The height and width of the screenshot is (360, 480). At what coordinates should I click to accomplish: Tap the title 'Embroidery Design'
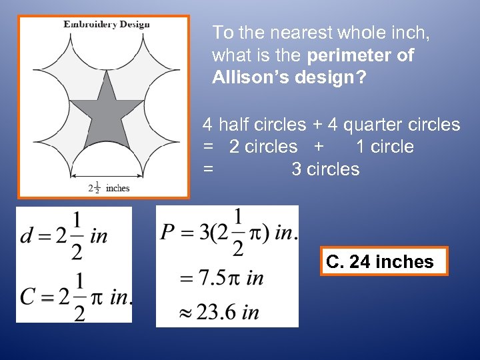pos(107,25)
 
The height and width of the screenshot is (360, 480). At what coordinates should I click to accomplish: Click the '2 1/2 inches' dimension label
pos(109,187)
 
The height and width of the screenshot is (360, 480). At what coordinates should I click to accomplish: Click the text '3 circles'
pos(325,169)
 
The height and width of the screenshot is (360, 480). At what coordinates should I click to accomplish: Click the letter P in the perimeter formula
pos(168,233)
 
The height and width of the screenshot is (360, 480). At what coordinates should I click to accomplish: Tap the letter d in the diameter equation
pos(27,237)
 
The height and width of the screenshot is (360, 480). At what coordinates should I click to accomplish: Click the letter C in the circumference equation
pos(28,295)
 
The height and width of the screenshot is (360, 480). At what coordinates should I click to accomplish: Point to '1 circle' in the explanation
pos(385,147)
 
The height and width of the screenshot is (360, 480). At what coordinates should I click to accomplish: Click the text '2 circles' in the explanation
pos(263,147)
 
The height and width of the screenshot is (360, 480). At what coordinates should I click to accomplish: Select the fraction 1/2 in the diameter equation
pos(78,237)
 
